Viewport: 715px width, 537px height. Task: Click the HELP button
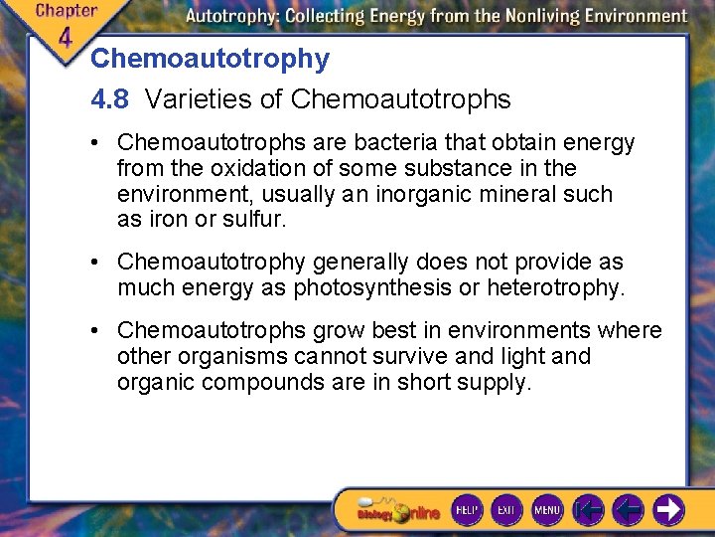tap(467, 509)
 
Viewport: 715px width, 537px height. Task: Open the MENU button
tap(547, 509)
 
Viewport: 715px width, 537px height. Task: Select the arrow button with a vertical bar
tap(589, 509)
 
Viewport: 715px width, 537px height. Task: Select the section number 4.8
tap(109, 99)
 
